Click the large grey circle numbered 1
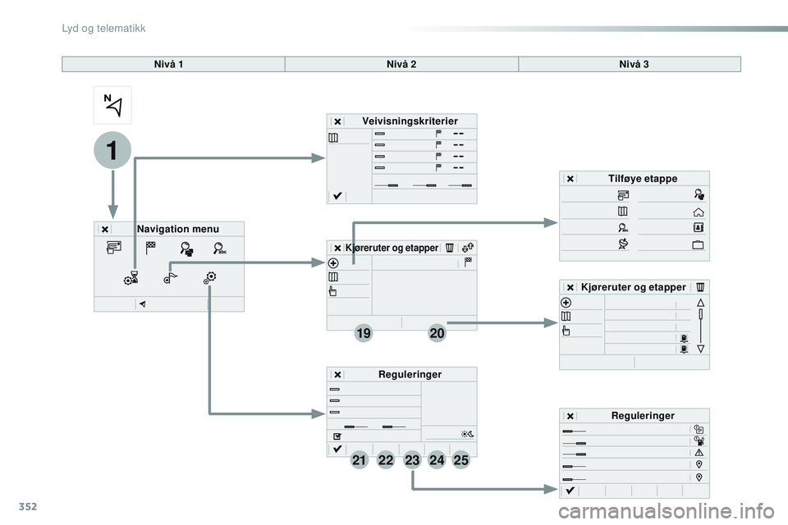pyautogui.click(x=112, y=150)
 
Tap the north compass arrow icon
pyautogui.click(x=112, y=105)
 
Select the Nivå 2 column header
pyautogui.click(x=401, y=64)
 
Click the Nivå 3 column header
pyautogui.click(x=634, y=64)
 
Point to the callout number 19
pyautogui.click(x=364, y=333)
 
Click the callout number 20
pyautogui.click(x=437, y=333)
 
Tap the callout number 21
pyautogui.click(x=359, y=459)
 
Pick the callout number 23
pyautogui.click(x=412, y=459)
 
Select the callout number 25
pyautogui.click(x=460, y=459)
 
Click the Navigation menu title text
pyautogui.click(x=178, y=229)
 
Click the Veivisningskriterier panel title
pyautogui.click(x=410, y=121)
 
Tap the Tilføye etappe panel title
pyautogui.click(x=643, y=178)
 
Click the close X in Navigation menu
pyautogui.click(x=104, y=230)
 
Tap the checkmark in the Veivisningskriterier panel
pyautogui.click(x=337, y=196)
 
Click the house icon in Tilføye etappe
pyautogui.click(x=698, y=212)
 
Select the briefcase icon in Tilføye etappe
pyautogui.click(x=698, y=244)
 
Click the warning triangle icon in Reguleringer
pyautogui.click(x=699, y=453)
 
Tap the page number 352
pyautogui.click(x=28, y=506)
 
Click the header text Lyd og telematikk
pyautogui.click(x=103, y=28)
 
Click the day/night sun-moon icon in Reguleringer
pyautogui.click(x=467, y=434)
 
